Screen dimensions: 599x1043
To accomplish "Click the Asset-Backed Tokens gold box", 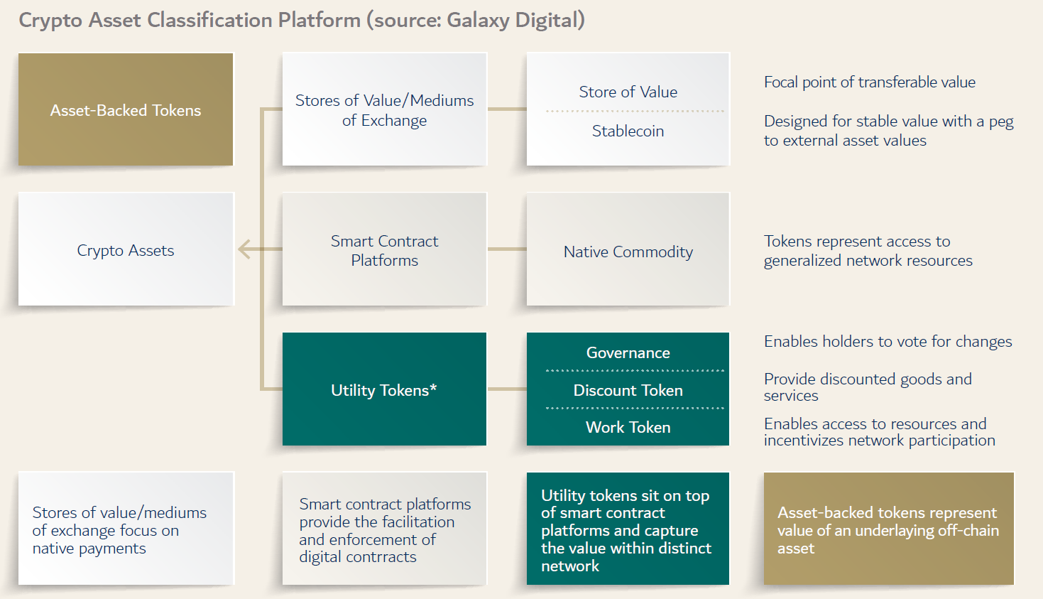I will (x=126, y=109).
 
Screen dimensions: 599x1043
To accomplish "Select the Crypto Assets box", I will (x=126, y=249).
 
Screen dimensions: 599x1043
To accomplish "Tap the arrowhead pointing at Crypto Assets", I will (x=244, y=249).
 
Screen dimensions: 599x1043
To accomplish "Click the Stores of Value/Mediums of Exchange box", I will (x=384, y=109).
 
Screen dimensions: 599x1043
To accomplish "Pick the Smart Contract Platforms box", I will (x=384, y=250).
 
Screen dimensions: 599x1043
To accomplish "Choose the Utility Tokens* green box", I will (x=384, y=389).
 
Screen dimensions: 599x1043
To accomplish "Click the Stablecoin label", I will (x=628, y=131).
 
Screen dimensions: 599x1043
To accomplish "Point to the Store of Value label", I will (x=628, y=92).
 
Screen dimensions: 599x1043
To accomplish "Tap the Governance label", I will (x=628, y=352).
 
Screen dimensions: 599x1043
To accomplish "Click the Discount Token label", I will (x=628, y=390).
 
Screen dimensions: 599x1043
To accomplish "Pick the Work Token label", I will (x=628, y=427).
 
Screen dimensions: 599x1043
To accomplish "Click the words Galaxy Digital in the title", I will (x=512, y=20).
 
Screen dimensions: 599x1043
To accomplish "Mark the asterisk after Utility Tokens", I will (x=433, y=388).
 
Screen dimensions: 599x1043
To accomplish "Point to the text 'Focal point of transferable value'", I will (x=869, y=82).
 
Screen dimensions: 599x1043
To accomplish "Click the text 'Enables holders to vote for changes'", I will (x=888, y=342).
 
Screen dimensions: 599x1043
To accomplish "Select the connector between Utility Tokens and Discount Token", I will (x=506, y=389).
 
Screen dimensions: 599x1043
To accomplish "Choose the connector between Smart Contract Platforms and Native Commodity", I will (x=506, y=249).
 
